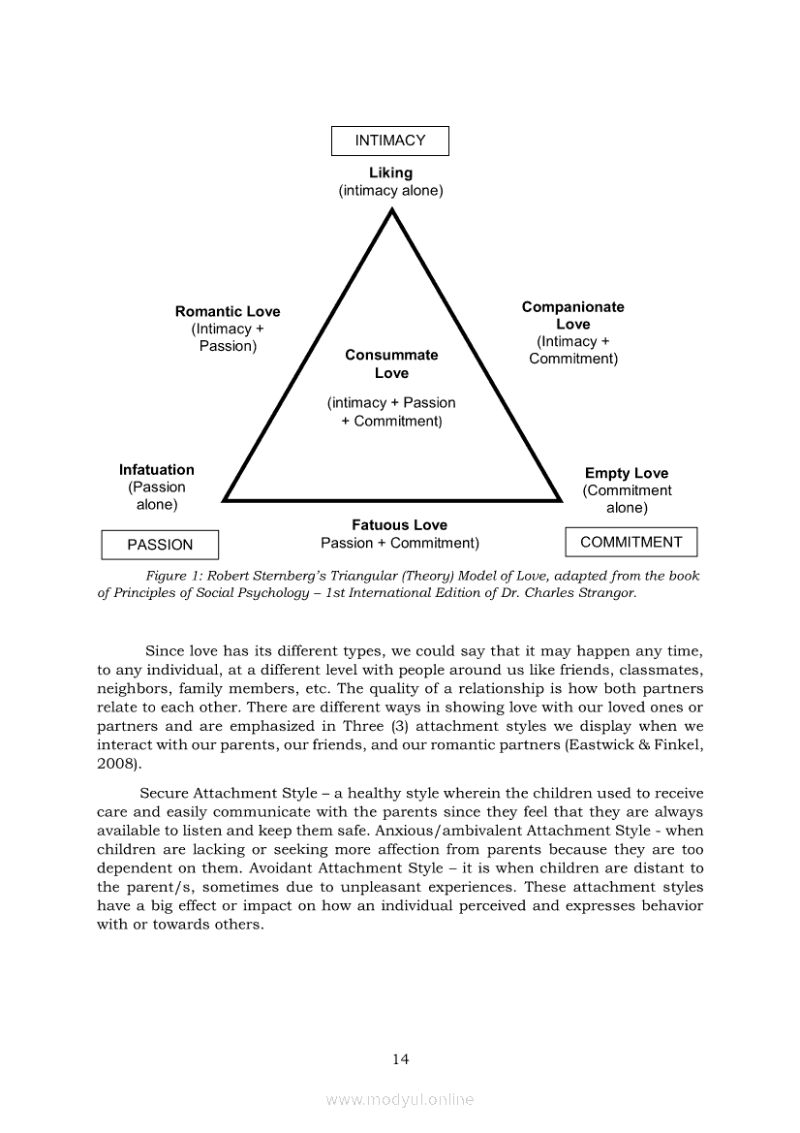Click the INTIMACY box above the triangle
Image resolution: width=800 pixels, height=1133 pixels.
(389, 141)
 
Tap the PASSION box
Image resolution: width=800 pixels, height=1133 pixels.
(160, 545)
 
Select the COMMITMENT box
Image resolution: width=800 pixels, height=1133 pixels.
(631, 542)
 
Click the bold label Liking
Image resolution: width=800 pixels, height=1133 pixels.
(390, 173)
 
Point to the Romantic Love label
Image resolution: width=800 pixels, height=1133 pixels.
(228, 311)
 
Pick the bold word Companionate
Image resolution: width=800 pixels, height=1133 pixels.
(572, 307)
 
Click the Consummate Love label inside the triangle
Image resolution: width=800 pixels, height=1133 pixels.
(391, 363)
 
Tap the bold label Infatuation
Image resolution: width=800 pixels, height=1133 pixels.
(156, 470)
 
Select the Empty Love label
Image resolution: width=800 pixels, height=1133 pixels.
(626, 473)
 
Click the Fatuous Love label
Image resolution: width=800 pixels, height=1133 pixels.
(399, 525)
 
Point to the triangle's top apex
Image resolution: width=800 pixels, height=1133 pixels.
(391, 211)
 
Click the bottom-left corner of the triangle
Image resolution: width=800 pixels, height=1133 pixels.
(225, 500)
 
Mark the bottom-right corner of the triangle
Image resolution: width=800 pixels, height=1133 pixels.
(561, 500)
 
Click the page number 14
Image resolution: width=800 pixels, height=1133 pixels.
(400, 1059)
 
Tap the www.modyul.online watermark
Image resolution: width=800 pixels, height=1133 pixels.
(400, 1099)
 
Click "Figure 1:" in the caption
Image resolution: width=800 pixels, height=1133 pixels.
(172, 576)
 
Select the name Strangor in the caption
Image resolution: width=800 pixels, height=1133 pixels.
(606, 592)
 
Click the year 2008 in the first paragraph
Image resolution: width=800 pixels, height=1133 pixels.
(115, 763)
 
